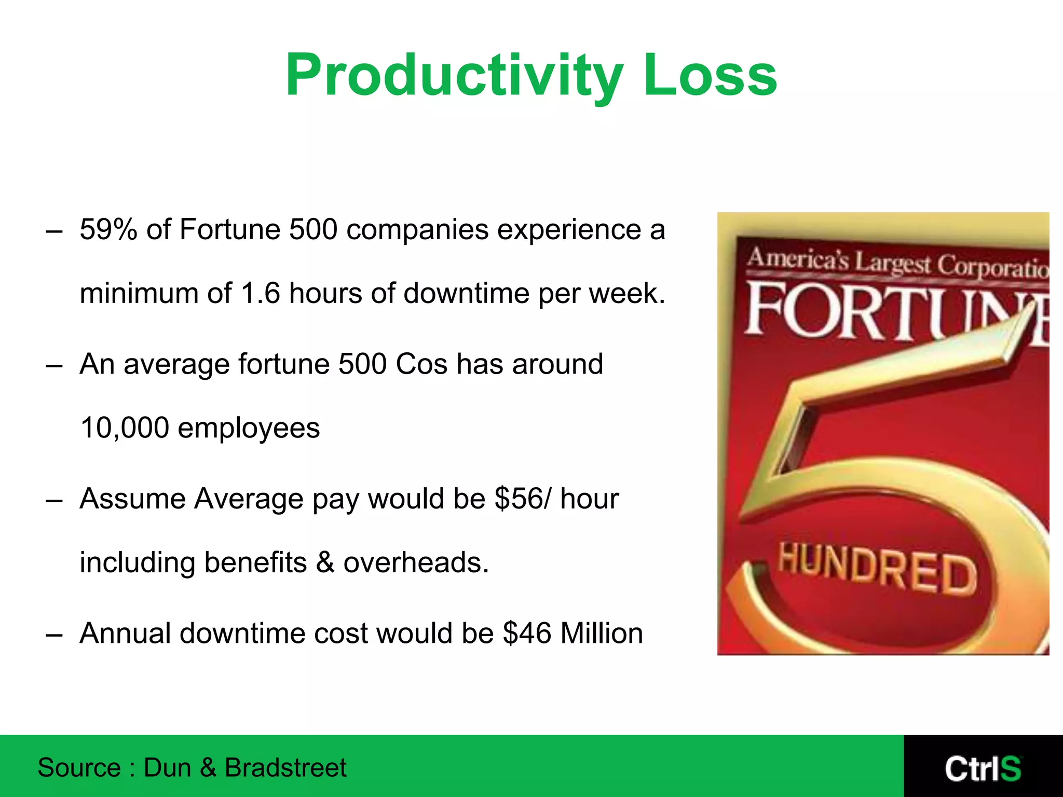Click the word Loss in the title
(x=710, y=76)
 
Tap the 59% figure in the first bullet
(x=108, y=229)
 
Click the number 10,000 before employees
(x=125, y=428)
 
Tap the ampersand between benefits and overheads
(x=325, y=562)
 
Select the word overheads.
(x=416, y=562)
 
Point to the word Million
(x=602, y=634)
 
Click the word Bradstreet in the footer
(x=285, y=767)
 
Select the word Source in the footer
(x=79, y=767)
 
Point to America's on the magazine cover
(x=797, y=259)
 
